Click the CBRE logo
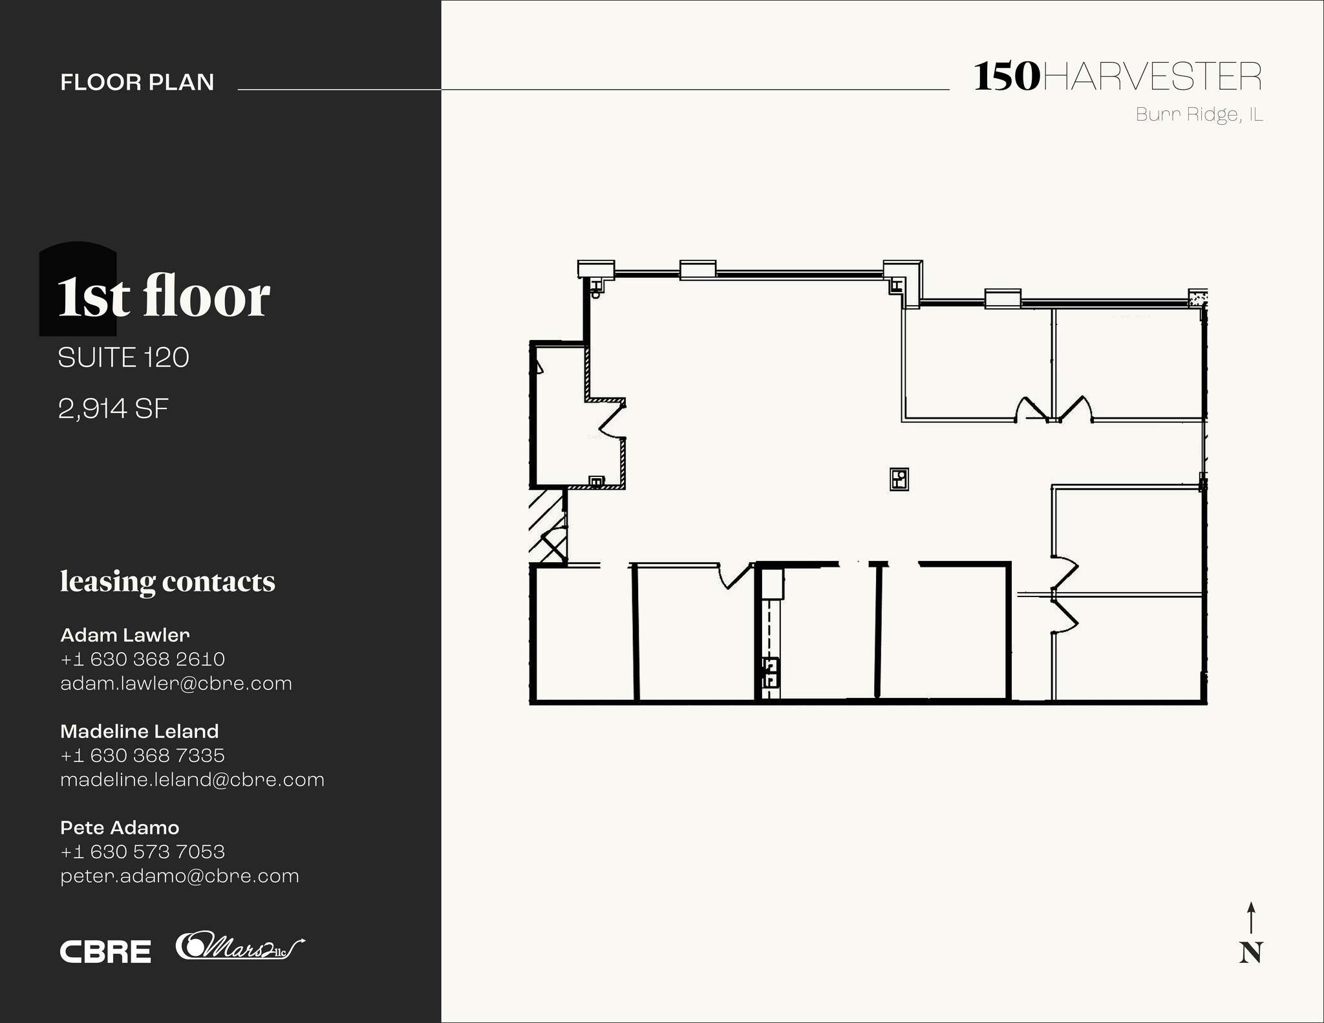tap(105, 951)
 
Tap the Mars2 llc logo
tap(239, 947)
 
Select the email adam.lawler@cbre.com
tap(176, 683)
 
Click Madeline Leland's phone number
tap(142, 755)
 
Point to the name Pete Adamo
tap(120, 827)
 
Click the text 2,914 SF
tap(113, 408)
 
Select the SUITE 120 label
tap(123, 357)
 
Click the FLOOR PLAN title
tap(137, 82)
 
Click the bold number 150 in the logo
tap(1007, 77)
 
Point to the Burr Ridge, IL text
tap(1199, 115)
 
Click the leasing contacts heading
tap(167, 581)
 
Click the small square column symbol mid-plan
tap(899, 479)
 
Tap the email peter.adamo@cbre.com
tap(180, 876)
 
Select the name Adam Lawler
tap(125, 635)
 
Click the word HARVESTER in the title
tap(1151, 77)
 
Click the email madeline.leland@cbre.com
tap(192, 779)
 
